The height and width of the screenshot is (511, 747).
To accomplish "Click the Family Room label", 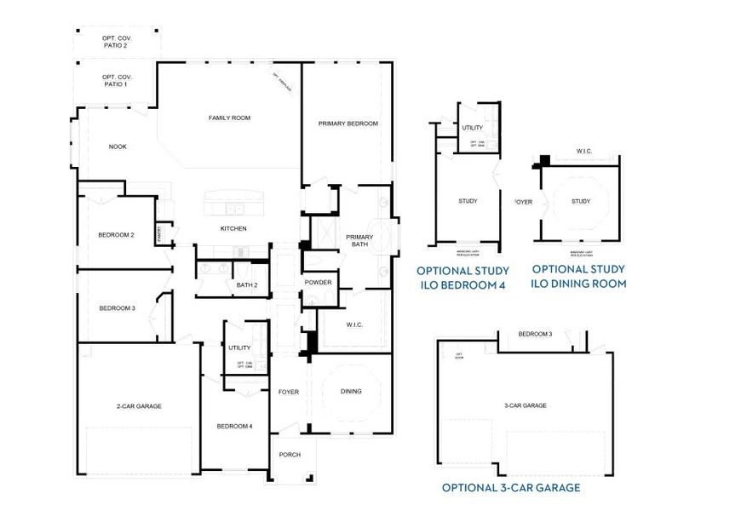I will (x=229, y=118).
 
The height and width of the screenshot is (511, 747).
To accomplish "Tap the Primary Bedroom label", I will (x=348, y=123).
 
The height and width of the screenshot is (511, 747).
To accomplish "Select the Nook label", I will (x=118, y=146).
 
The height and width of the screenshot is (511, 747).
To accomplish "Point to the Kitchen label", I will (x=233, y=228).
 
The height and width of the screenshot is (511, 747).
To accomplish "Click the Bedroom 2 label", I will (x=116, y=235).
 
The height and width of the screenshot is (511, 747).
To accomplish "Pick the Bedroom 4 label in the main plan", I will (x=234, y=426).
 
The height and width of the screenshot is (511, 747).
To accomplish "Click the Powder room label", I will (x=318, y=282).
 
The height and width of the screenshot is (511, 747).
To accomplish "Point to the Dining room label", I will (x=351, y=392).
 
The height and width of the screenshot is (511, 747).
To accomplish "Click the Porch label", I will (x=290, y=455).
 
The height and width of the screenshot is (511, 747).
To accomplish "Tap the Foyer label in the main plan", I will (x=289, y=392).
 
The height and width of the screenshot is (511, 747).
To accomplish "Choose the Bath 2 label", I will (x=247, y=284).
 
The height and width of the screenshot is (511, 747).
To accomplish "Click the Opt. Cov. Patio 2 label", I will (x=116, y=42).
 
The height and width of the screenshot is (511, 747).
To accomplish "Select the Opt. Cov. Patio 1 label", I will (x=115, y=81).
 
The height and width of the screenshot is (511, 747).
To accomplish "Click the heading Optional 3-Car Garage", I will (x=511, y=488).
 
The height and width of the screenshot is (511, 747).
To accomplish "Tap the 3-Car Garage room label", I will (x=524, y=406).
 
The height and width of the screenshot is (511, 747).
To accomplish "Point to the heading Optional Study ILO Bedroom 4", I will (x=462, y=278).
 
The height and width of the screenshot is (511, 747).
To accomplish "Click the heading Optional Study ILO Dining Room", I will (x=579, y=276).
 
